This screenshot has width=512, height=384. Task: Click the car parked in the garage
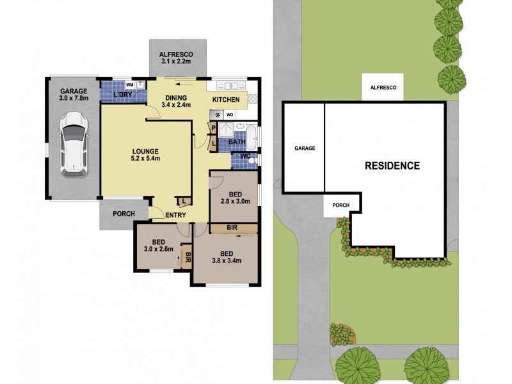[74, 145]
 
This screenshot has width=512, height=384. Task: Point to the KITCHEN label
[226, 100]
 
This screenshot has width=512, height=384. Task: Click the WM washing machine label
[129, 84]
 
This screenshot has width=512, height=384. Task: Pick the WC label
[244, 156]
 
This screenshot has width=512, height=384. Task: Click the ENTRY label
[175, 216]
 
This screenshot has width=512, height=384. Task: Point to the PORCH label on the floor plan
[123, 214]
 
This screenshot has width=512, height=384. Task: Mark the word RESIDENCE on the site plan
[392, 166]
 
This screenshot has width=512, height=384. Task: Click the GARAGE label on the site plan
[305, 148]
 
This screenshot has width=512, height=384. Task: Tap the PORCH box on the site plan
[341, 206]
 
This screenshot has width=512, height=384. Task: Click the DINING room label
[176, 97]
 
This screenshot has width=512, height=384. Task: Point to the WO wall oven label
[230, 115]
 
